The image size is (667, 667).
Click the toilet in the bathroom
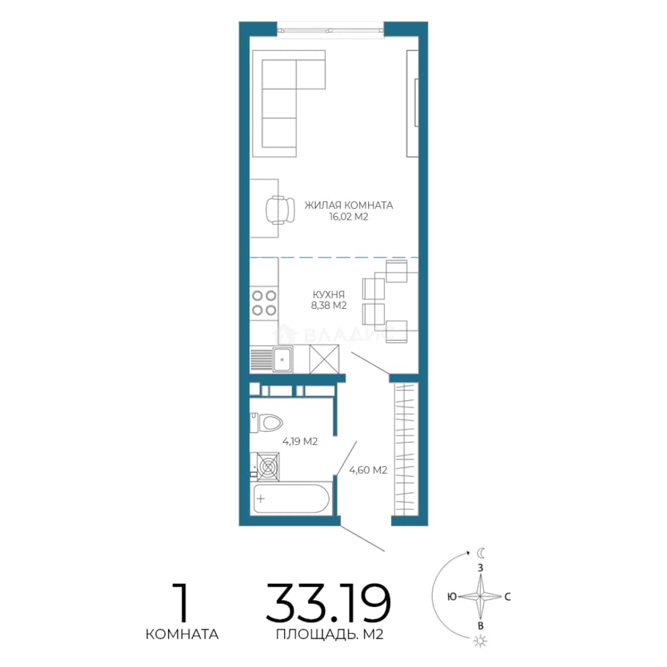pos(267,422)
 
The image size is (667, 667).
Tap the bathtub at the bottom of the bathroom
pos(292,498)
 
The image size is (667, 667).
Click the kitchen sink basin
pos(282,359)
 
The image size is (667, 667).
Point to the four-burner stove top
pos(264,303)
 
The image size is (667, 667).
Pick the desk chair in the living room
pos(280,210)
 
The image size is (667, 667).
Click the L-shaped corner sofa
pos(289,103)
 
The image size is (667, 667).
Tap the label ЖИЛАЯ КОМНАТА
pos(348,205)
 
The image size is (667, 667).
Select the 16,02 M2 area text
pos(348,217)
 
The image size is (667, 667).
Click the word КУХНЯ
pos(329,295)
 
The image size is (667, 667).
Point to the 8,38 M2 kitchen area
pos(329,306)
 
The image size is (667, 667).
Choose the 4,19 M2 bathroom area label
pos(300,442)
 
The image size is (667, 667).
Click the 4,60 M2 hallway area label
pos(368,470)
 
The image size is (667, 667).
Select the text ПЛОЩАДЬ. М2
pos(329,635)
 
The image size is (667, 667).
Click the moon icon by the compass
pos(480,553)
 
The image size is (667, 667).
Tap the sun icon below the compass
pos(480,641)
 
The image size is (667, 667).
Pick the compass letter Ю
pos(451,597)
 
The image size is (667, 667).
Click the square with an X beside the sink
pos(324,359)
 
